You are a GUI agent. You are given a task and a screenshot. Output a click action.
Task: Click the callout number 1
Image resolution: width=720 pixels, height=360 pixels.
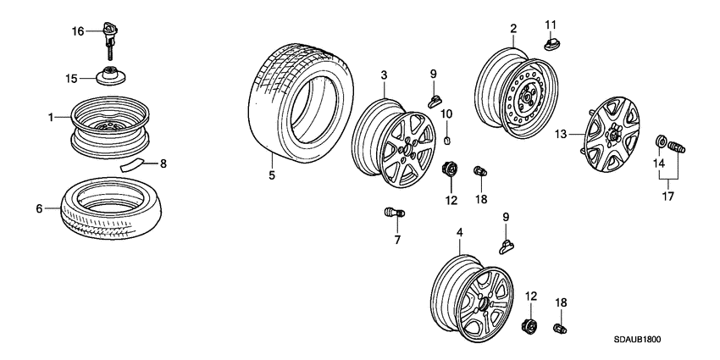(50, 116)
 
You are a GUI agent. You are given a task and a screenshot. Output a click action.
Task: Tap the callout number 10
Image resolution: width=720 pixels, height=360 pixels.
(447, 114)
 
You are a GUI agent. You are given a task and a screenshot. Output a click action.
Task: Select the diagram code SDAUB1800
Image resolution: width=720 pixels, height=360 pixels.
(639, 338)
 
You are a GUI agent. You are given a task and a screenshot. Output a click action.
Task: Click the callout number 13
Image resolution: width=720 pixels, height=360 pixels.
(559, 133)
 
